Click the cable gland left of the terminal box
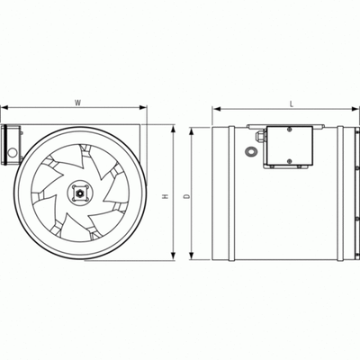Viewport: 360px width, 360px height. click(x=258, y=137)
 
